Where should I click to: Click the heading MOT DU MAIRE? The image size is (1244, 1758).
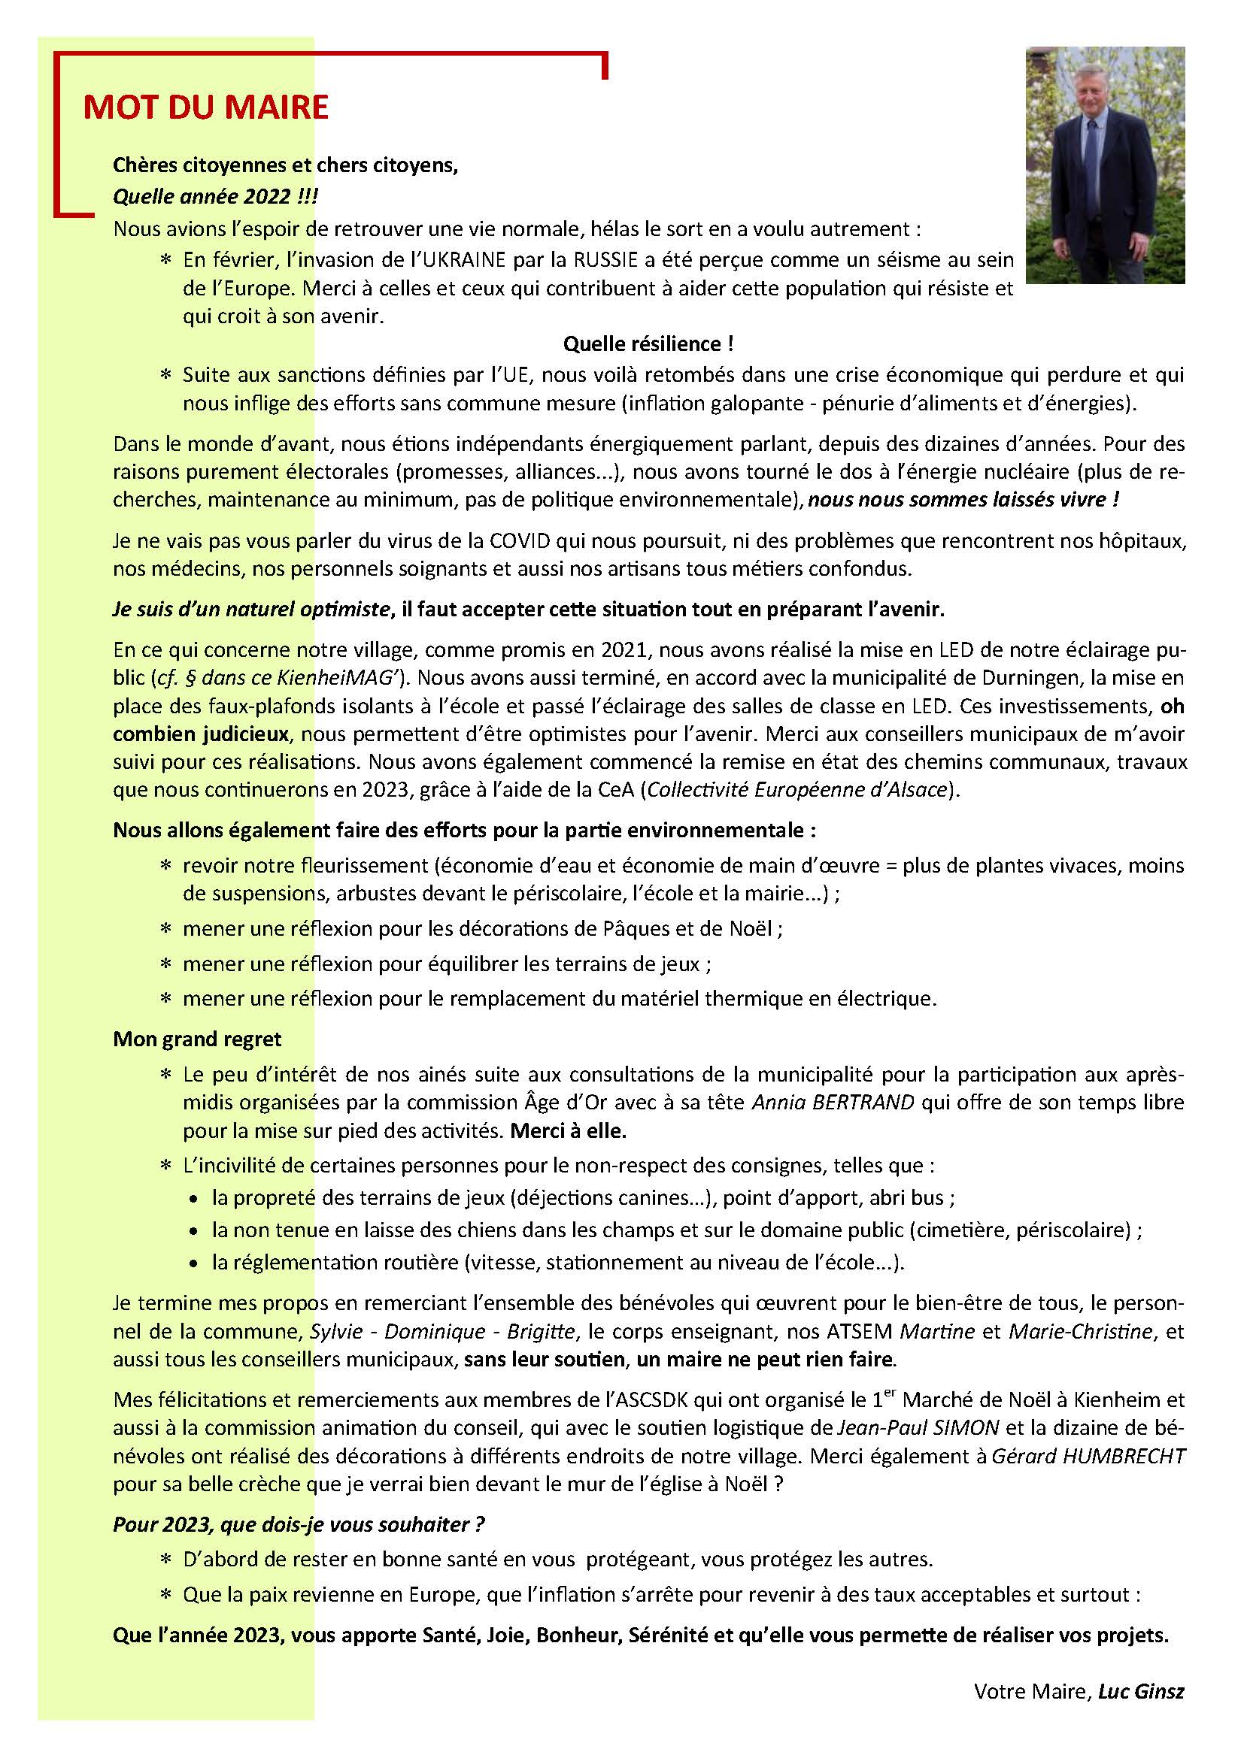pyautogui.click(x=205, y=108)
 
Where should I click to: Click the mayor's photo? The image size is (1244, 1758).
pyautogui.click(x=1105, y=165)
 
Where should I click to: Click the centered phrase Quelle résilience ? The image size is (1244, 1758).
pyautogui.click(x=648, y=344)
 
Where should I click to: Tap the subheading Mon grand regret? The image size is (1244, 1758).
pyautogui.click(x=197, y=1039)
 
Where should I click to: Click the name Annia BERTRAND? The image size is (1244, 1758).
pyautogui.click(x=833, y=1103)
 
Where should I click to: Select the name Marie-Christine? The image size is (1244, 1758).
pyautogui.click(x=1080, y=1332)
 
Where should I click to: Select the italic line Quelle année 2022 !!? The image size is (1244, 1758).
pyautogui.click(x=215, y=197)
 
